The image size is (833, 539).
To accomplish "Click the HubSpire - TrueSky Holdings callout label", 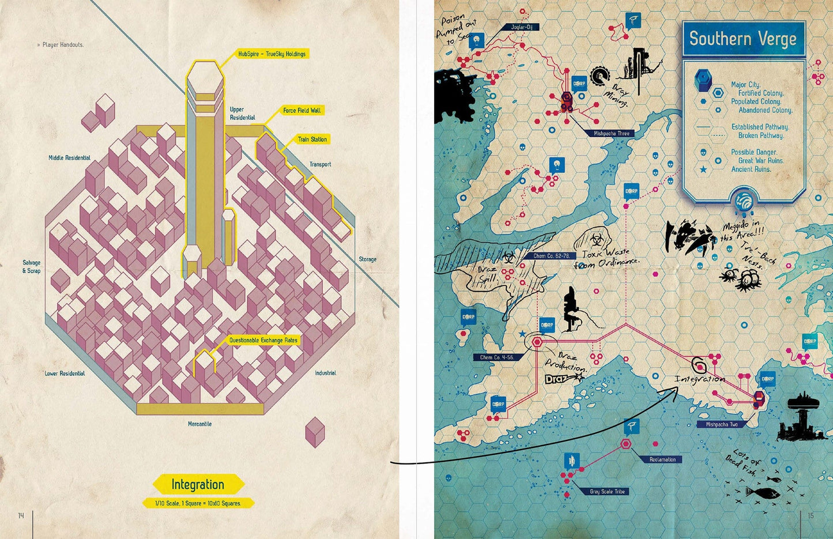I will [x=272, y=54].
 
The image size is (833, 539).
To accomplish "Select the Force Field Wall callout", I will [x=302, y=110].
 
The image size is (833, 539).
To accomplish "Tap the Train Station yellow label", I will [x=312, y=140].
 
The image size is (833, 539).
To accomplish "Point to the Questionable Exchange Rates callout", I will [x=263, y=340].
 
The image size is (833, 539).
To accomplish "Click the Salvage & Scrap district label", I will [x=32, y=266].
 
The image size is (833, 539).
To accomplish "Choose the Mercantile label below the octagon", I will [x=199, y=424].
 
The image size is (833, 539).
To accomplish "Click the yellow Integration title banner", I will [x=198, y=484].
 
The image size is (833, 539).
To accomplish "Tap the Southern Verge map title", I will [x=742, y=39].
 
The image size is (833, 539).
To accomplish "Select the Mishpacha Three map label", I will [x=612, y=133].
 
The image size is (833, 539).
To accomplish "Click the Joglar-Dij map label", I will [x=521, y=27].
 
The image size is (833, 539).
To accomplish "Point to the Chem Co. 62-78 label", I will [x=551, y=256].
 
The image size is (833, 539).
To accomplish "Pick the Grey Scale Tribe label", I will [x=607, y=492].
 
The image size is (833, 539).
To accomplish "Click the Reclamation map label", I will [x=662, y=459].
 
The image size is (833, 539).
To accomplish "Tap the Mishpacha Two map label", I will [x=721, y=424].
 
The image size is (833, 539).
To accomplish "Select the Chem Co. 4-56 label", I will [x=496, y=357].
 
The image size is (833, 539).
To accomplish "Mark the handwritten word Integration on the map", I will [x=699, y=379].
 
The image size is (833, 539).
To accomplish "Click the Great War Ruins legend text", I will [x=760, y=161].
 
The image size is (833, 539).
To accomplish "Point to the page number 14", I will [x=21, y=515].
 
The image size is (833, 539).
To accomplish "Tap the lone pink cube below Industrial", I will [x=315, y=432].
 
